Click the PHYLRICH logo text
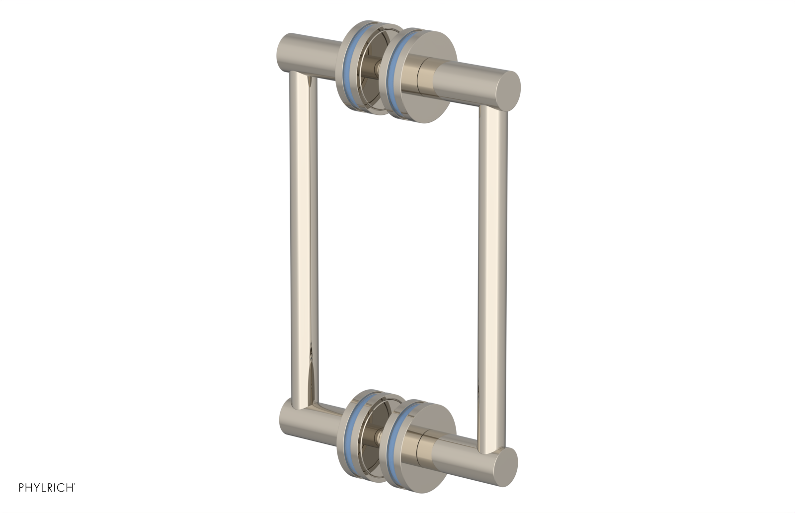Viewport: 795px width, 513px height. (47, 488)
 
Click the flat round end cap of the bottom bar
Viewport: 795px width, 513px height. (504, 466)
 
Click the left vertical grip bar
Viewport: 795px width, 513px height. (303, 239)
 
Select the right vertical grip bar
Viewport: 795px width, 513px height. (492, 278)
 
